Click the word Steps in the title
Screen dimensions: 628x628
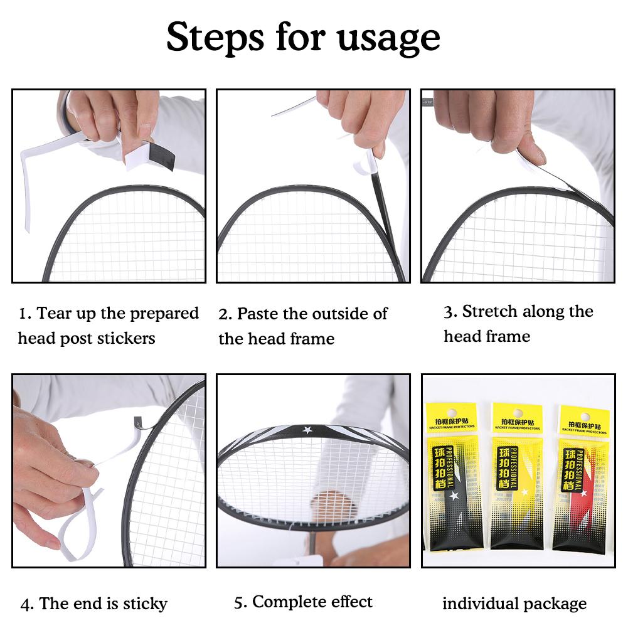213,37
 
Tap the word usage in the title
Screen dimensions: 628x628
388,40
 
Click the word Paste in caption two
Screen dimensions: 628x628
258,314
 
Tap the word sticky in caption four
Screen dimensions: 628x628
143,604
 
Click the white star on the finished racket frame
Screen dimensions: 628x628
307,430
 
